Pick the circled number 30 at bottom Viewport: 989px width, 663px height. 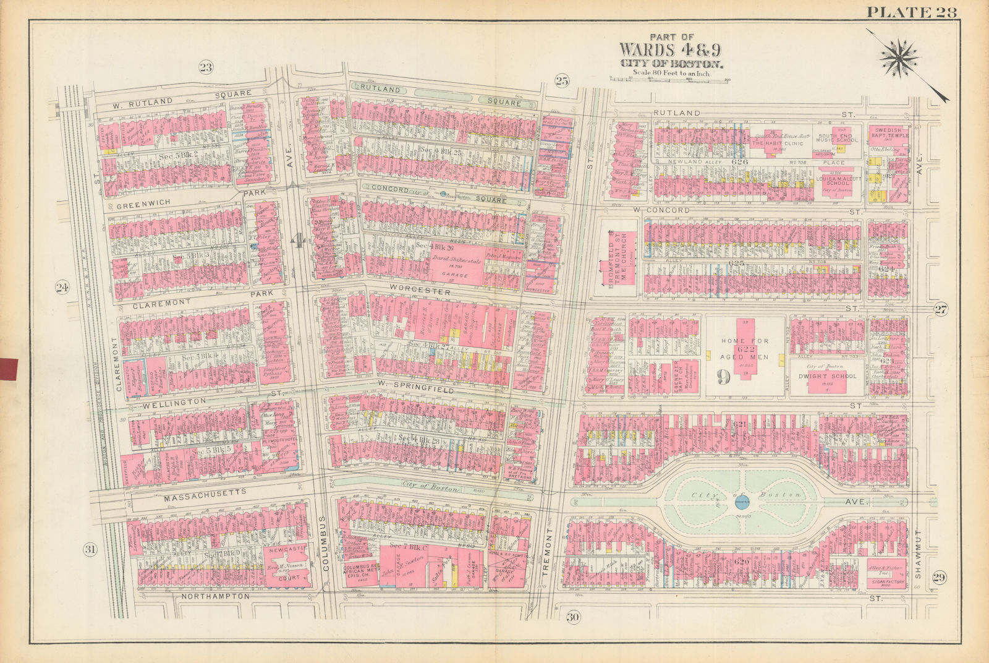(x=572, y=617)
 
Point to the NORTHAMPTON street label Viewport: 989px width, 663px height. (x=216, y=596)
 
